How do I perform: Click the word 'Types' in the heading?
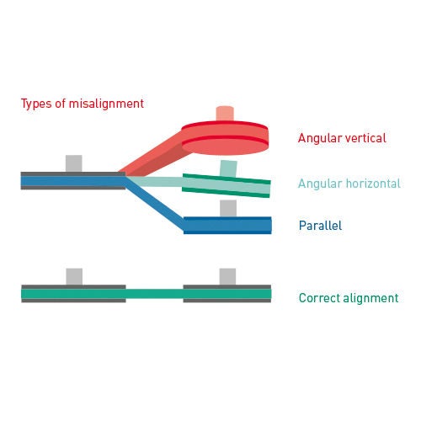tap(36, 104)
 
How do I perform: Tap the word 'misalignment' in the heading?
tap(106, 104)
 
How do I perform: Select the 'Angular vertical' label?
tap(342, 138)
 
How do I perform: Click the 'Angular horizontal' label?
tap(349, 184)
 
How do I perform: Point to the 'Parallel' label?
tap(320, 226)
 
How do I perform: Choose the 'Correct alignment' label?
tap(349, 298)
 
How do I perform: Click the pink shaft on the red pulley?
tap(225, 114)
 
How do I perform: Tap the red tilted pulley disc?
tap(225, 138)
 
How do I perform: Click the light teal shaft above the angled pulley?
tap(228, 168)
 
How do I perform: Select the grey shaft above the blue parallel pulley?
tap(228, 208)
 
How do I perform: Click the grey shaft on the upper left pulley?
tap(74, 163)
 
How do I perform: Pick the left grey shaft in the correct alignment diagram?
tap(74, 277)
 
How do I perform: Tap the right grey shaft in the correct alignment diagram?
tap(227, 277)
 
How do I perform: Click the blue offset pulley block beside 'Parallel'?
tap(227, 226)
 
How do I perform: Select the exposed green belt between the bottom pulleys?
tap(154, 294)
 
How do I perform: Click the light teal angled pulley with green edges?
tap(226, 185)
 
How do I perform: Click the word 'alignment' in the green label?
tap(370, 298)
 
